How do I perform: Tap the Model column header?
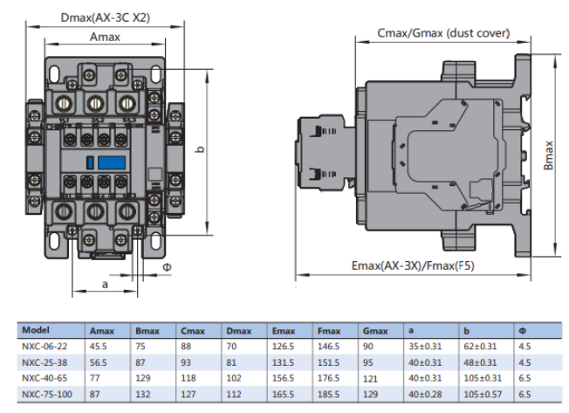tap(36, 330)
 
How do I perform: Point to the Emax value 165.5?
tap(284, 394)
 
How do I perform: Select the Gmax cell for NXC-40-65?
tap(373, 377)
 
